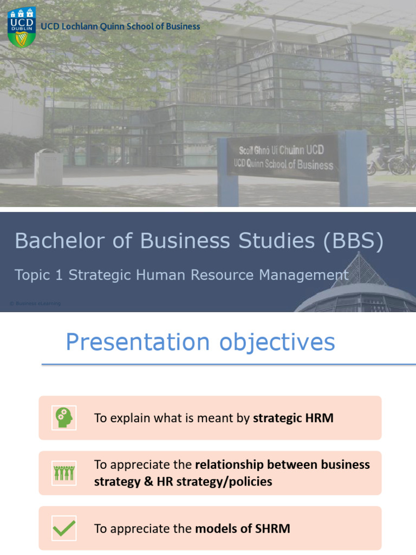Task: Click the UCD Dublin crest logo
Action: [x=21, y=27]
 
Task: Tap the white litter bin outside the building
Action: [x=49, y=166]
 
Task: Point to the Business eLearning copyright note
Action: [x=35, y=304]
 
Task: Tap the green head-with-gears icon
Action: [x=64, y=418]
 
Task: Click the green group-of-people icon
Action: [x=64, y=473]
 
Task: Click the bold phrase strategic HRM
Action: [x=293, y=418]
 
